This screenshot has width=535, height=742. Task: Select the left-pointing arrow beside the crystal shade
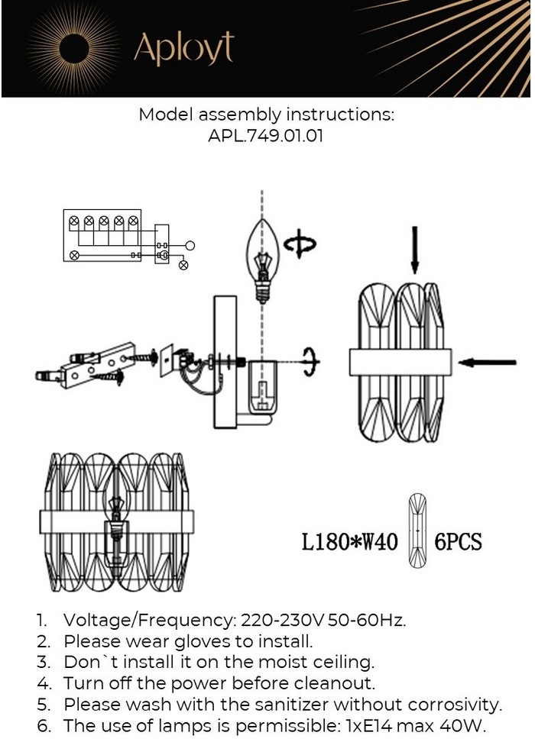coord(489,362)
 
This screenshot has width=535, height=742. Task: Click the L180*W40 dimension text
coord(349,543)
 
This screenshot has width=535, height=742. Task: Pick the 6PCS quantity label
coord(459,543)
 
